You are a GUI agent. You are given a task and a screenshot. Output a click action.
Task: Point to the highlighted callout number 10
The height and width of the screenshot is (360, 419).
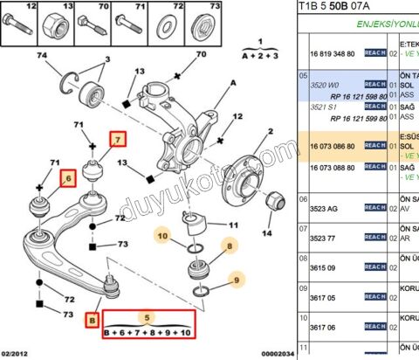tap(161, 234)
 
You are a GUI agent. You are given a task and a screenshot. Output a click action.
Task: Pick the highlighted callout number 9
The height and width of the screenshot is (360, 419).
tap(235, 280)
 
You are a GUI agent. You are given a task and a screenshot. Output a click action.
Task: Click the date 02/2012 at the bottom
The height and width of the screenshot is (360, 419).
tap(18, 352)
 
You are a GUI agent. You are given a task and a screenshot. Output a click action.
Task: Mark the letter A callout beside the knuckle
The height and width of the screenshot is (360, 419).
tap(234, 83)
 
